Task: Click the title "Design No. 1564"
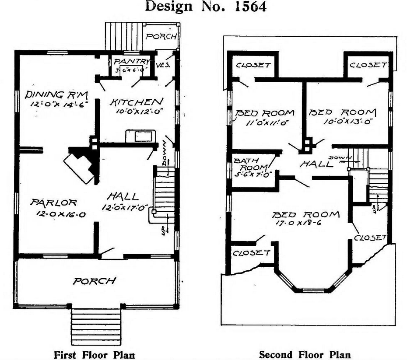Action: (205, 7)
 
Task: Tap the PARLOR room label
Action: (54, 203)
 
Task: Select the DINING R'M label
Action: (56, 94)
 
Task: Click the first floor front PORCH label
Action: (95, 280)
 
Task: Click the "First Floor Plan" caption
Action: (94, 354)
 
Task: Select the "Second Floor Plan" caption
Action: (305, 354)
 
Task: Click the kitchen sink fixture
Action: (140, 136)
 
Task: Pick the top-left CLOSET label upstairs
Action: (253, 66)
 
